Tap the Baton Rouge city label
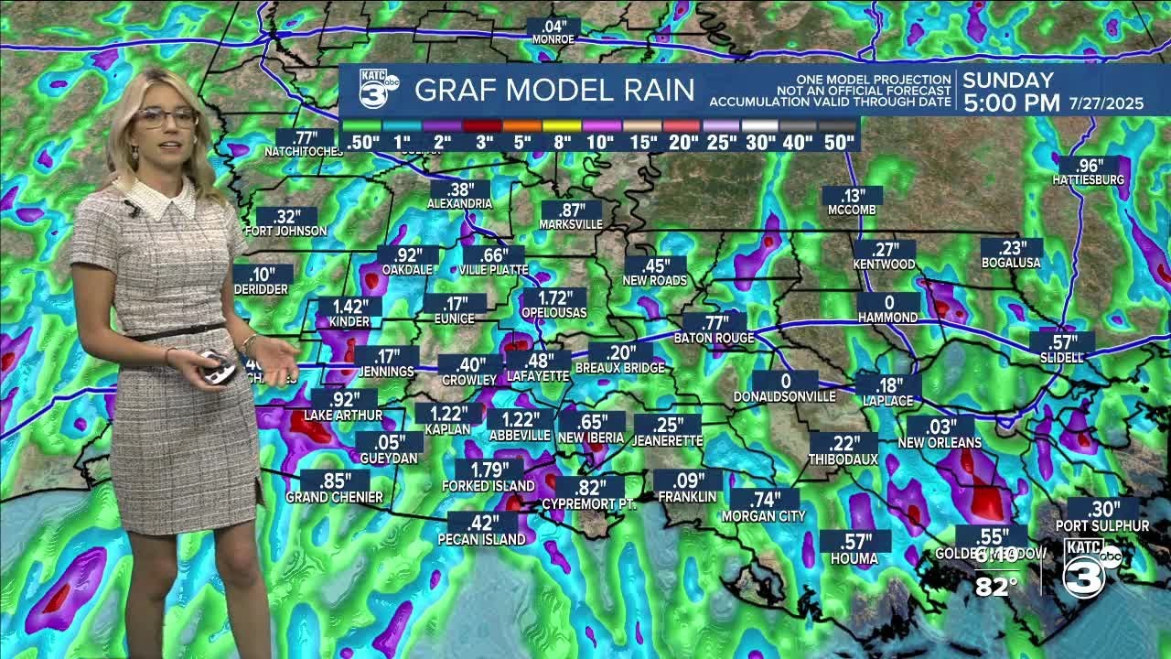coord(714,338)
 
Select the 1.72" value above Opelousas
coord(554,297)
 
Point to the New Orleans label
coord(940,443)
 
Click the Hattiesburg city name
coord(1088,180)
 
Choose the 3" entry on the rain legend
coord(484,142)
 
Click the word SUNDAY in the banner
coord(1008,81)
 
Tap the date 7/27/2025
coord(1106,103)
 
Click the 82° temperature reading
coord(996,587)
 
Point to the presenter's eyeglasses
coord(167,117)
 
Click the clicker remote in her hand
coord(218,367)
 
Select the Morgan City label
coord(764,516)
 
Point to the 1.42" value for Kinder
coord(349,308)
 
